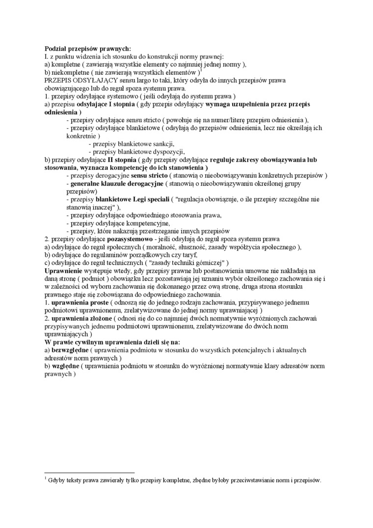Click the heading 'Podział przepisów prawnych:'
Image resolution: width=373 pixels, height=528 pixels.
(x=88, y=49)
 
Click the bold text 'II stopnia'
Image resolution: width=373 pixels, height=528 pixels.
(x=122, y=160)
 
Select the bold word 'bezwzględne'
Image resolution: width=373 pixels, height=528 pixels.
(x=70, y=350)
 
